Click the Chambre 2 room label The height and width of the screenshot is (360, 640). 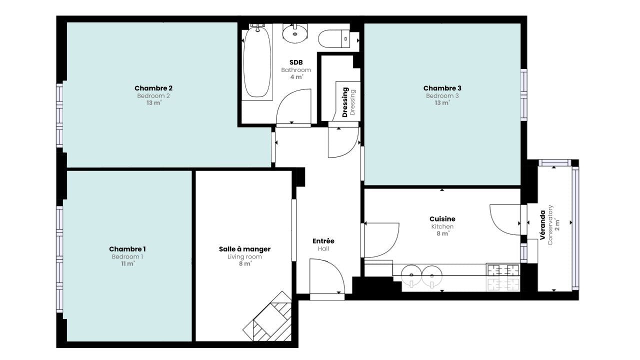[x=153, y=88]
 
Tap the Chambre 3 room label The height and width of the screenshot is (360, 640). [x=442, y=88]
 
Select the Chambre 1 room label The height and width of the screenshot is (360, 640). [x=127, y=249]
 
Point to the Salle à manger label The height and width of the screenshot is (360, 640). [x=244, y=249]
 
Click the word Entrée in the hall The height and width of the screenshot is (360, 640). [x=323, y=241]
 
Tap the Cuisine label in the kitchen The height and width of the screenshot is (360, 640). [x=442, y=219]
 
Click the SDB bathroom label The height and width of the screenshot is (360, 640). [x=296, y=62]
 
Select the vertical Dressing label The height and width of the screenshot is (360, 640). [x=345, y=102]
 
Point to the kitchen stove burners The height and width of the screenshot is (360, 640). [x=503, y=277]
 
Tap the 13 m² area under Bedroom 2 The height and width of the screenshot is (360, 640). [x=153, y=103]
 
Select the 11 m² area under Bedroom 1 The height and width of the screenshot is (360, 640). [x=127, y=264]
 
